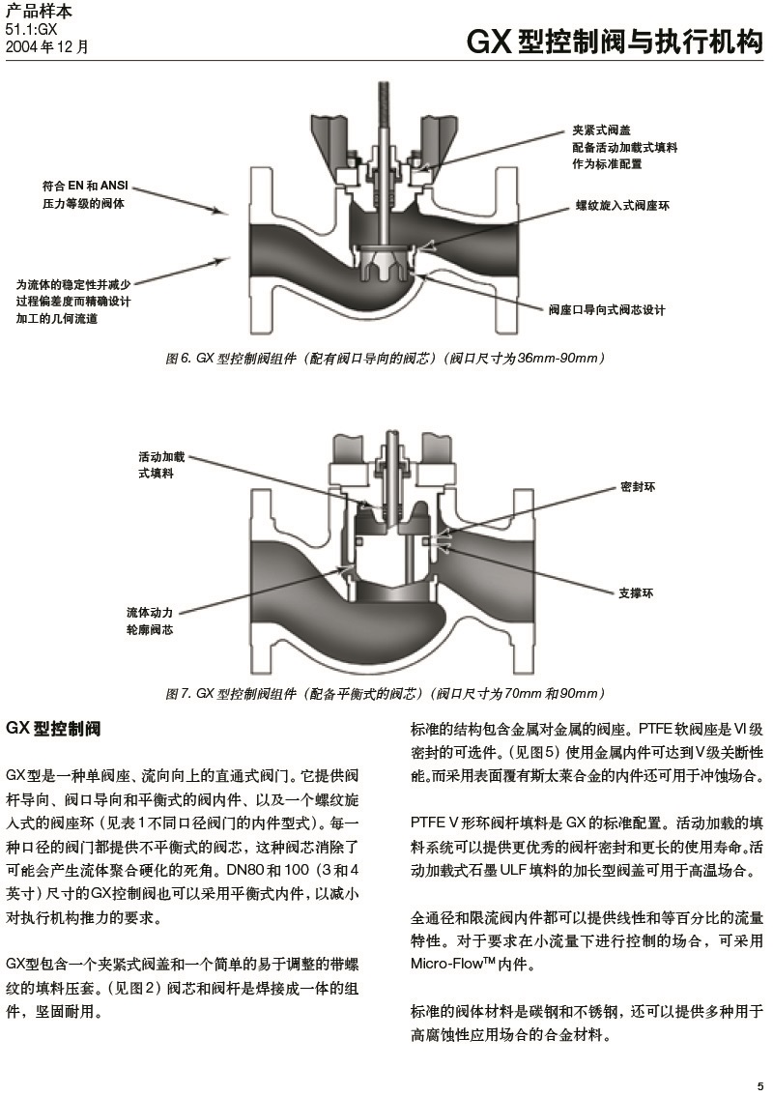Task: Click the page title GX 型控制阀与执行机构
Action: pyautogui.click(x=615, y=42)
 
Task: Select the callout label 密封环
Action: pyautogui.click(x=637, y=488)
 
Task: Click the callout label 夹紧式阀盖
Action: pyautogui.click(x=600, y=130)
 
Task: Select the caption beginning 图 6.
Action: pyautogui.click(x=386, y=359)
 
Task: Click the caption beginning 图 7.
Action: pyautogui.click(x=386, y=693)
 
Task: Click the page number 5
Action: pyautogui.click(x=760, y=1083)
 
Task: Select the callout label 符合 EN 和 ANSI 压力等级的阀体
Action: pyautogui.click(x=85, y=194)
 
